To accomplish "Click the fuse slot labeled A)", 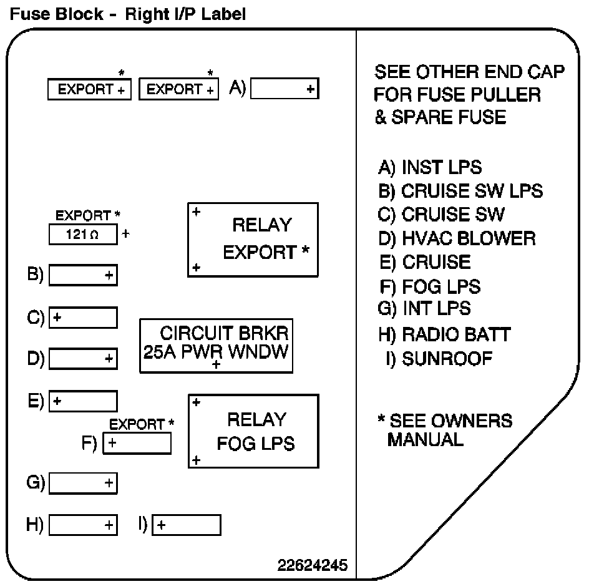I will coord(285,89).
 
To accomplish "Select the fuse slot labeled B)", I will coord(83,275).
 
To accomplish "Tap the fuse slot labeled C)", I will coord(83,318).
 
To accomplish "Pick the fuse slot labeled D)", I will coord(83,358).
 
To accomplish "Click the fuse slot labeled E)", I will coord(83,401).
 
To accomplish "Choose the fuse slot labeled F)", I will coord(137,443).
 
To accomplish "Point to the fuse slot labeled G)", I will coord(83,482).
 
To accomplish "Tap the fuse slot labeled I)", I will coord(187,525).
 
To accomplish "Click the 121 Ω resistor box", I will coord(83,235).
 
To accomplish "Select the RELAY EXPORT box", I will coord(253,239).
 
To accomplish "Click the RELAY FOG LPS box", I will coord(253,431).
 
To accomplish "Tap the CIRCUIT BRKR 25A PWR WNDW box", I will coord(217,346).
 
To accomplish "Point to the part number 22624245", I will coord(313,565).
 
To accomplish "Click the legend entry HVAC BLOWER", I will coord(457,238).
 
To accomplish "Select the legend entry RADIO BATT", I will coord(444,334).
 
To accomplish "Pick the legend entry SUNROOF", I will coord(439,359).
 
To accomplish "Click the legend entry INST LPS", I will coord(430,167).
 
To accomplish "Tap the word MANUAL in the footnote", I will coord(425,439).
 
